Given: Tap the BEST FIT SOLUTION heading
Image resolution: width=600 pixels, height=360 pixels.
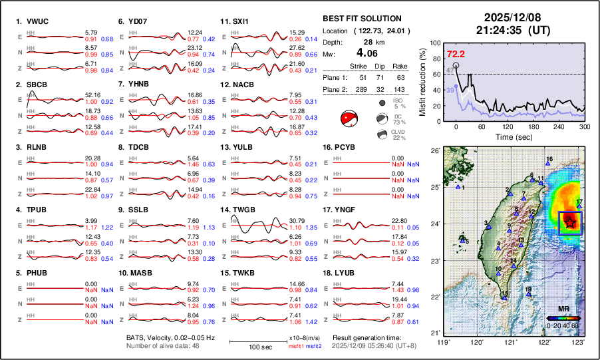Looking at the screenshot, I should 361,19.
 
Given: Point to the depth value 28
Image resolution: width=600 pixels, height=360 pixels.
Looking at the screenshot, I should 359,41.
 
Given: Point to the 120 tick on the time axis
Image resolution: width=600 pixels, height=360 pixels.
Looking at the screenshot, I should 508,127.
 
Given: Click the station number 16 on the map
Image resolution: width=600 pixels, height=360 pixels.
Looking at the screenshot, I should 549,159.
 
